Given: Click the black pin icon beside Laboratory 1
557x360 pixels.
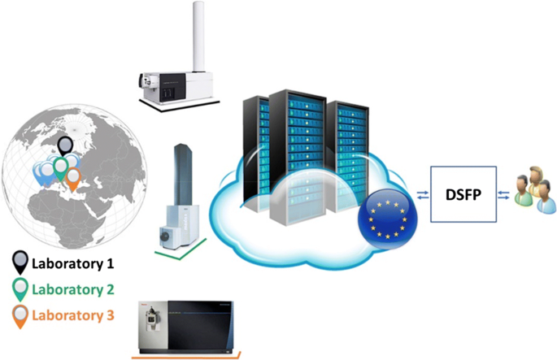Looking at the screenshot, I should click(x=20, y=263).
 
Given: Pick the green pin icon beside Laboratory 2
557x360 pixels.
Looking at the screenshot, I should click(x=20, y=289).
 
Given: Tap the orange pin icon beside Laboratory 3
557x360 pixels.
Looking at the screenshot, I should click(x=20, y=316).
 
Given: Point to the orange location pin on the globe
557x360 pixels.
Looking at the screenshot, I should click(x=74, y=178).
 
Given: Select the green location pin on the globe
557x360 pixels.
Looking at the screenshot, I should click(x=59, y=168).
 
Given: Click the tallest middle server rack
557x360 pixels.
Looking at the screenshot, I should click(x=299, y=154).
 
